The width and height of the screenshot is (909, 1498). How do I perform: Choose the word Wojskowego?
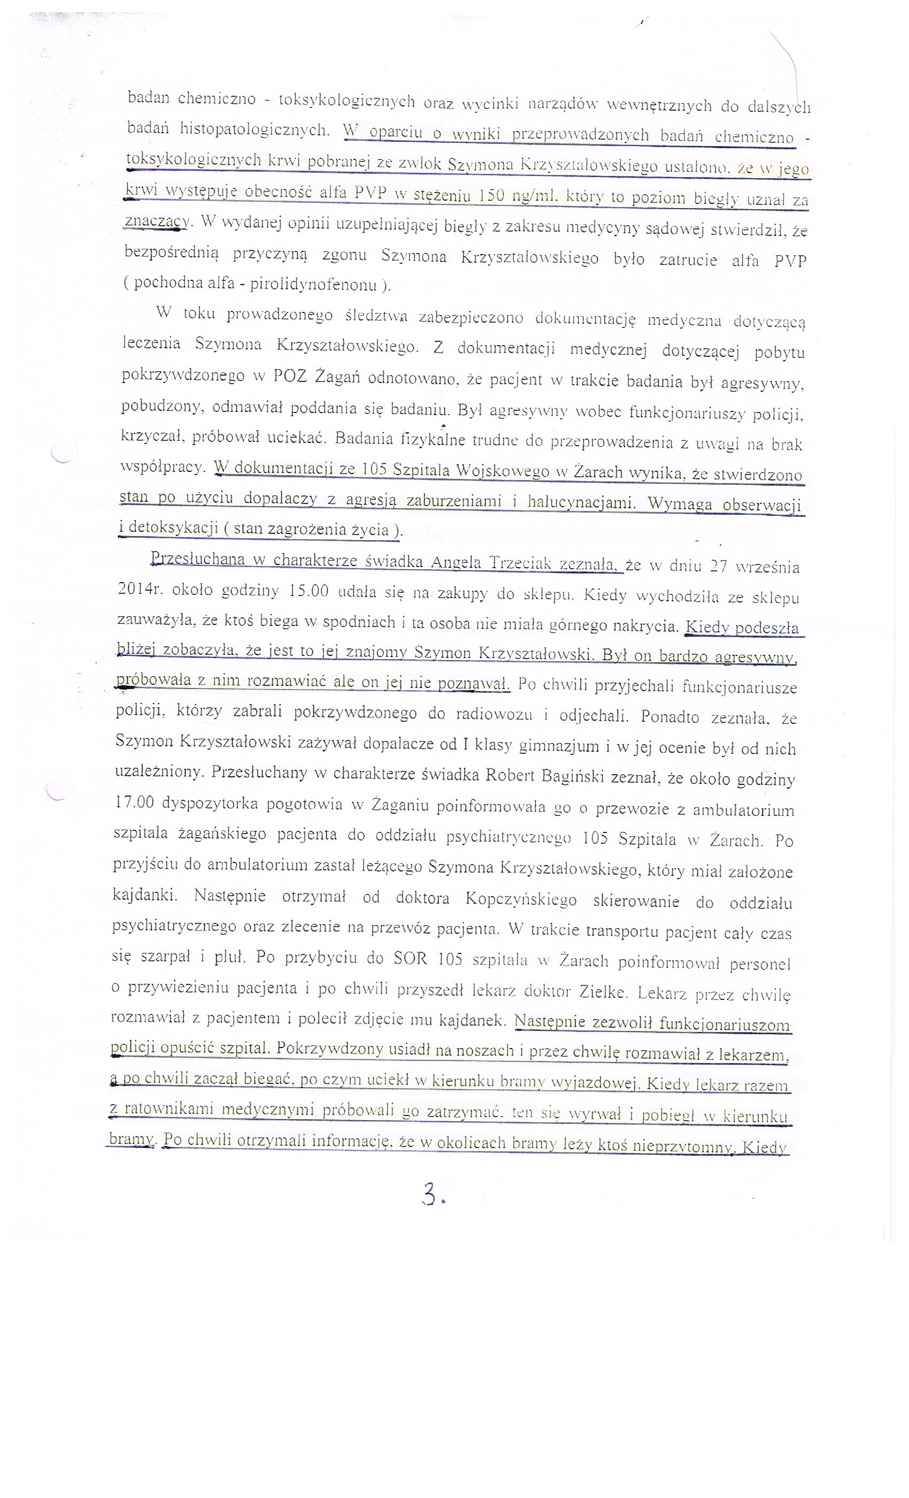coord(509,471)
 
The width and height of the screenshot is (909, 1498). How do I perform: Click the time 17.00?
coord(134,802)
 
